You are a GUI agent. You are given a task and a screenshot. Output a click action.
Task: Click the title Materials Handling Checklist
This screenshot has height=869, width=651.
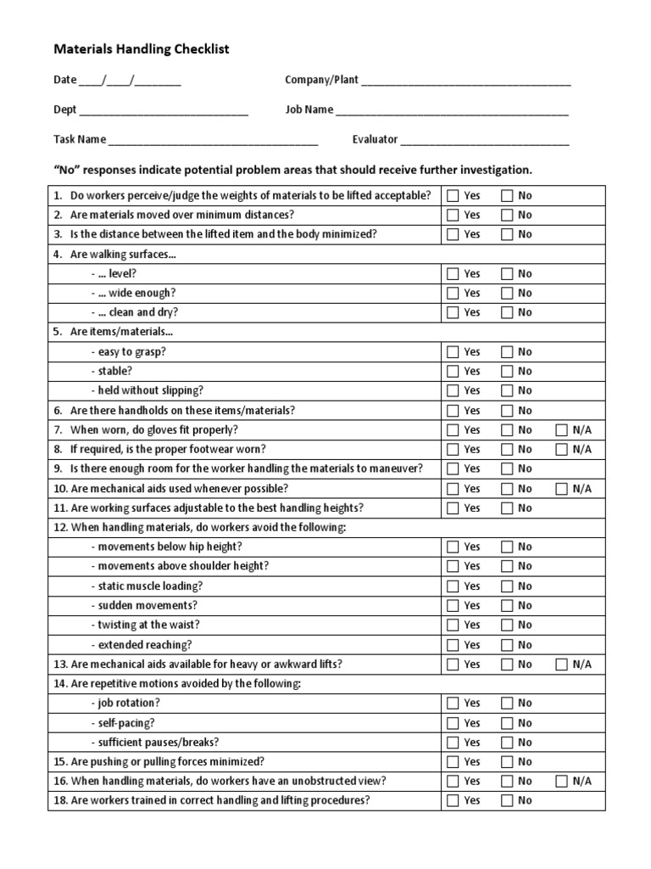pos(142,50)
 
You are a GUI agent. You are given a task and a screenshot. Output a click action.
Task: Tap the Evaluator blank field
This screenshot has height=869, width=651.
pos(485,141)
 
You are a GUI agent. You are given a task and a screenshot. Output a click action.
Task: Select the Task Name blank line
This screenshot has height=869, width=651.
pos(213,141)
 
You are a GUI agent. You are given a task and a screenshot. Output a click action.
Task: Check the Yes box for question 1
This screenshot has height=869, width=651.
pos(453,195)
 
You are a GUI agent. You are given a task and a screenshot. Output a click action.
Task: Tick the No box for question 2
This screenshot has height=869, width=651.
pos(507,215)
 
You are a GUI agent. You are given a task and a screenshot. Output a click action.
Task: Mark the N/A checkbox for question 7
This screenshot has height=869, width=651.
pos(561,430)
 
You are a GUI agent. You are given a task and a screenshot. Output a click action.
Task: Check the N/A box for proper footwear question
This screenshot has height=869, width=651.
pos(561,450)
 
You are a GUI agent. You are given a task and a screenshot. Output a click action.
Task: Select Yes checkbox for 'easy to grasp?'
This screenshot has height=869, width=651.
pos(453,352)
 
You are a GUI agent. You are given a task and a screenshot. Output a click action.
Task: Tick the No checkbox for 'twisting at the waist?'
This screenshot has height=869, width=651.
pos(507,625)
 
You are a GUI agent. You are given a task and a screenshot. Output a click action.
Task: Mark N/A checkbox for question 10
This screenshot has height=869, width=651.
pos(561,489)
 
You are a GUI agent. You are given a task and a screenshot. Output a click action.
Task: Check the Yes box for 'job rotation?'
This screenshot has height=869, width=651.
pos(453,704)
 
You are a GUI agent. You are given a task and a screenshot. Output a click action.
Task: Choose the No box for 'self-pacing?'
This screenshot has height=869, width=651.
pos(507,723)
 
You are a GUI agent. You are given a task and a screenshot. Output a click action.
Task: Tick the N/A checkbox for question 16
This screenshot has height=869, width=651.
pos(561,782)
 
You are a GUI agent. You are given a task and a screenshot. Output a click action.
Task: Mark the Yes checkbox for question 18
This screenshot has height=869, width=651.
pos(453,801)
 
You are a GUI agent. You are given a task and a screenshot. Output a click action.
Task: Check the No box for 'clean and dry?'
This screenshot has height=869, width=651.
pos(507,312)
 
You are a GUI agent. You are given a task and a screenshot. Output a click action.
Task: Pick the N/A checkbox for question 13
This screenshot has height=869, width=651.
pos(561,664)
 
